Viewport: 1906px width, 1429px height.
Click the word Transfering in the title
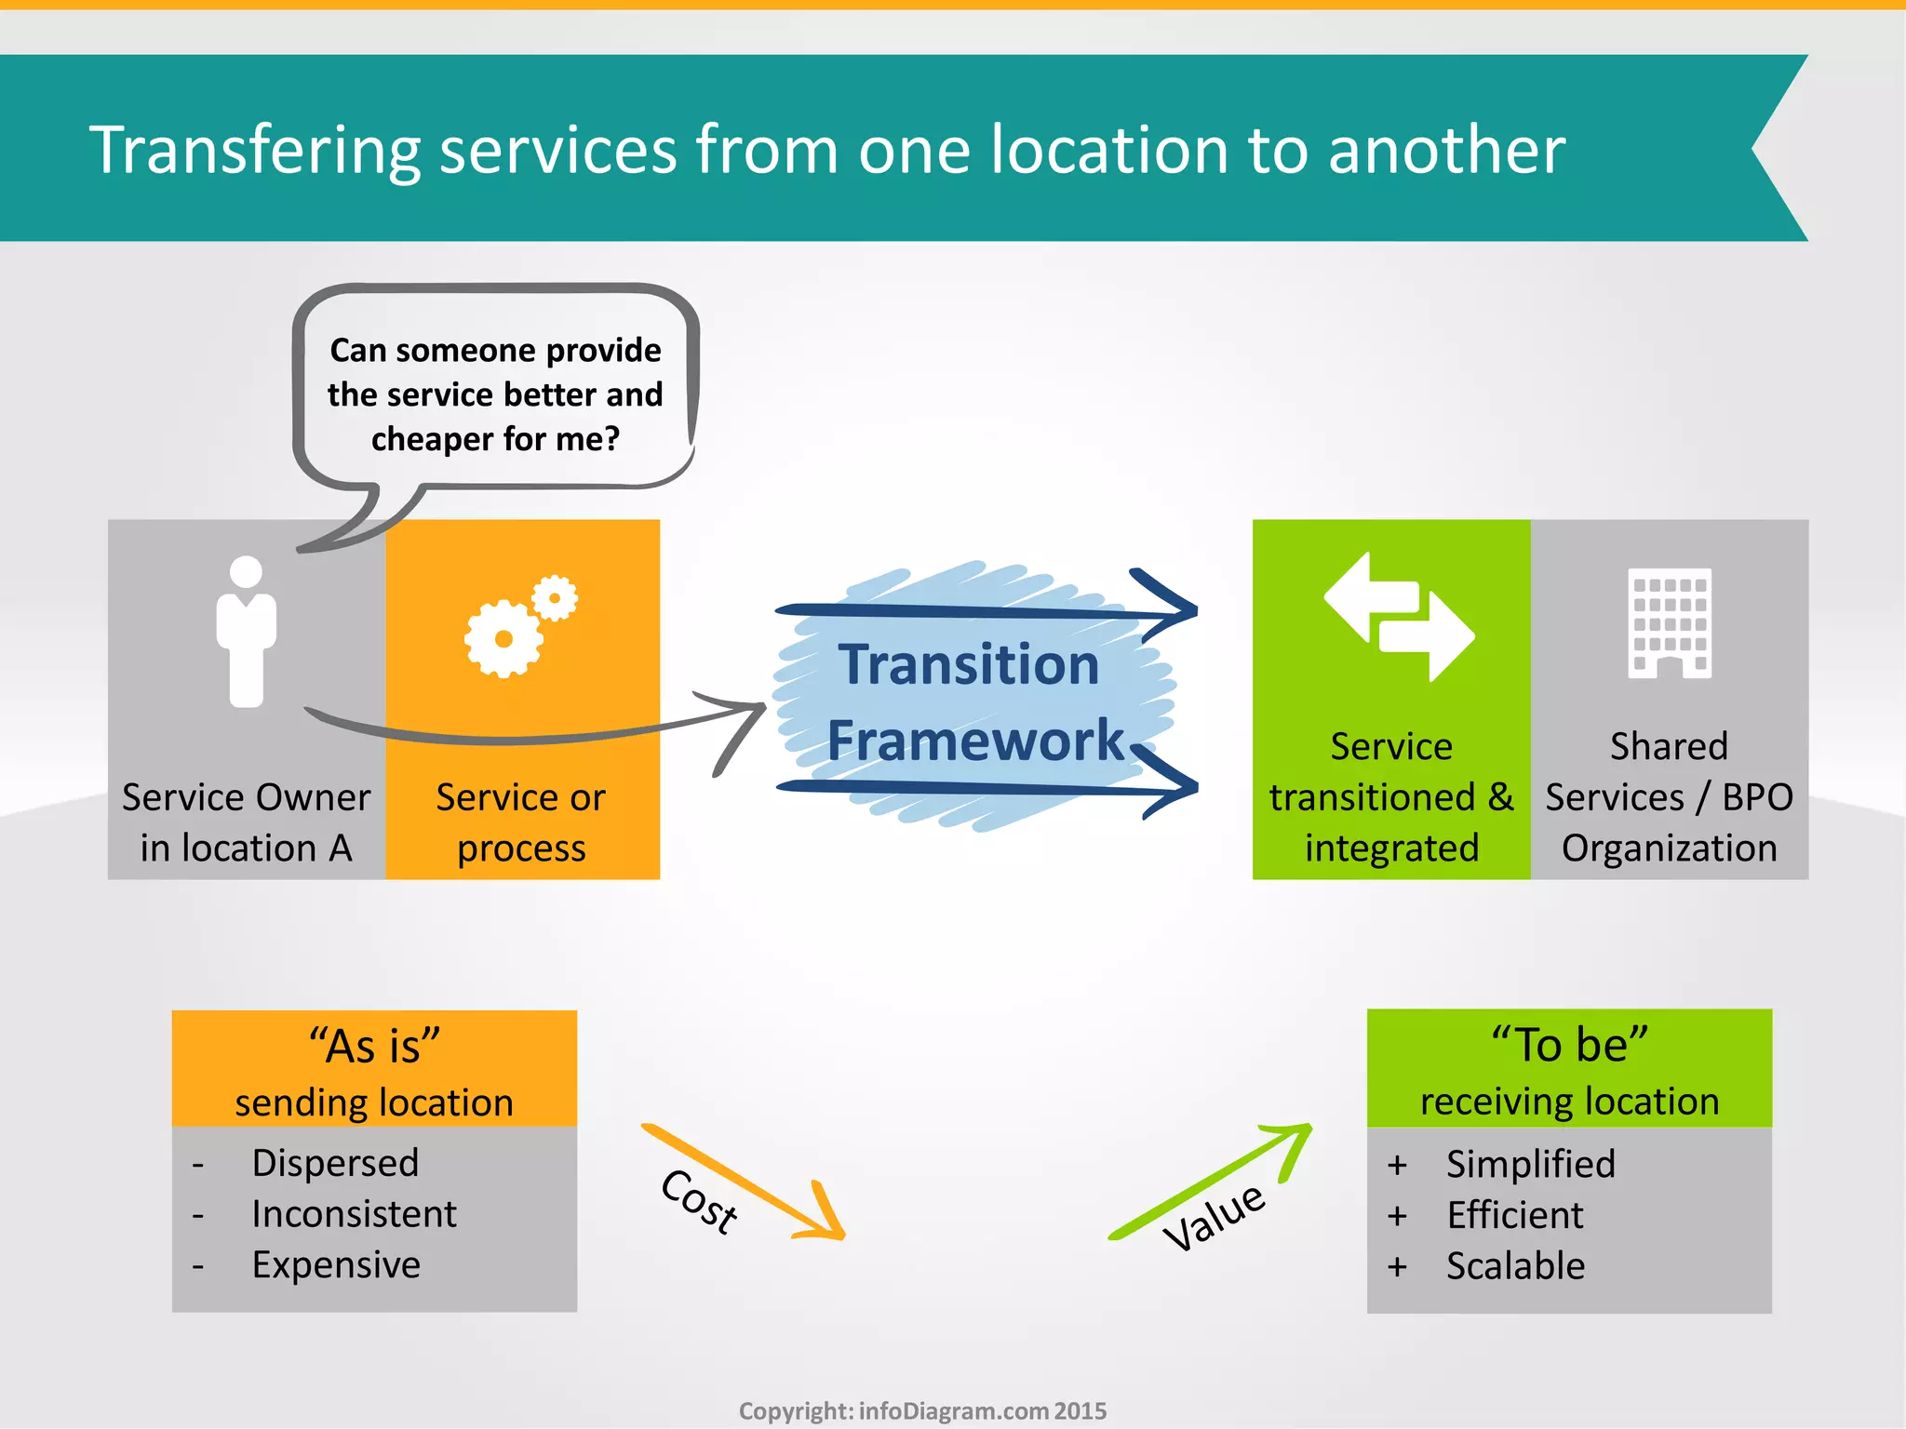tap(253, 151)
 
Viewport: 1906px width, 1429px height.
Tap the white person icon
tap(246, 631)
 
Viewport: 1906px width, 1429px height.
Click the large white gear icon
tap(503, 638)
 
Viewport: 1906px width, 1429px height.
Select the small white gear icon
tap(556, 597)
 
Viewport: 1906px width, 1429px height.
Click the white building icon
tap(1670, 622)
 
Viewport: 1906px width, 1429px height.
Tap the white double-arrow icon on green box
tap(1399, 617)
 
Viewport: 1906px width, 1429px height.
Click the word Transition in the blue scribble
tap(969, 664)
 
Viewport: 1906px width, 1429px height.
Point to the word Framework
tap(975, 741)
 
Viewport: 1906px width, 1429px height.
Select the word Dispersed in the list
tap(335, 1163)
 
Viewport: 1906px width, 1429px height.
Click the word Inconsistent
tap(354, 1214)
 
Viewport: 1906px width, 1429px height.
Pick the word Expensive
tap(336, 1265)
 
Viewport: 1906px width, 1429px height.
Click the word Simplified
tap(1530, 1164)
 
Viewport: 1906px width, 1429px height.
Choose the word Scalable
tap(1515, 1266)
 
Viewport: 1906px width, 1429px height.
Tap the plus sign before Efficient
tap(1397, 1216)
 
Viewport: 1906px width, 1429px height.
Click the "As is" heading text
tap(374, 1046)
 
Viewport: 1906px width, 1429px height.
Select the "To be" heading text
tap(1569, 1044)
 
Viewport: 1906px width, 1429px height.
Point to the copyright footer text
tap(922, 1411)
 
